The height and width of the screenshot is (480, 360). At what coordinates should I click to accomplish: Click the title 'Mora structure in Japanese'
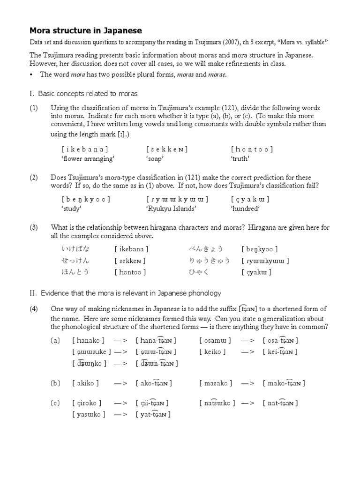point(86,31)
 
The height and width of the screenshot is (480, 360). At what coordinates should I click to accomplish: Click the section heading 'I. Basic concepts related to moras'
point(83,94)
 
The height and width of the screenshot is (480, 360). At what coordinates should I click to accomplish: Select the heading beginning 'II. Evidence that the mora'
point(125,293)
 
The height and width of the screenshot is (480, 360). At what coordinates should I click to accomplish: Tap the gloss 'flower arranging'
point(88,158)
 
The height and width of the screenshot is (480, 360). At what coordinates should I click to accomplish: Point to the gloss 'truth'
point(240,158)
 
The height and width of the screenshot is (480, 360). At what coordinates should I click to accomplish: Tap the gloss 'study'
point(71,209)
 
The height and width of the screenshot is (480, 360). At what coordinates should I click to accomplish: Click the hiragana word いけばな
point(75,249)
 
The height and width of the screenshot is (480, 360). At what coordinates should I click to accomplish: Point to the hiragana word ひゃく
point(199,272)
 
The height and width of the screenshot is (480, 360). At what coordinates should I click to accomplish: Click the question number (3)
point(34,227)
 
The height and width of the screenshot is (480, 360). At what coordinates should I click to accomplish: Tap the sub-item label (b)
point(55,383)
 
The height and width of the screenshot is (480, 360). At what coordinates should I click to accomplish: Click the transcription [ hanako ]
point(89,340)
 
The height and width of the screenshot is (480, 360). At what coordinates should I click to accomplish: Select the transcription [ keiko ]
point(215,352)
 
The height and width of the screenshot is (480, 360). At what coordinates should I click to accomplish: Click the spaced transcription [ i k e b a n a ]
point(84,150)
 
